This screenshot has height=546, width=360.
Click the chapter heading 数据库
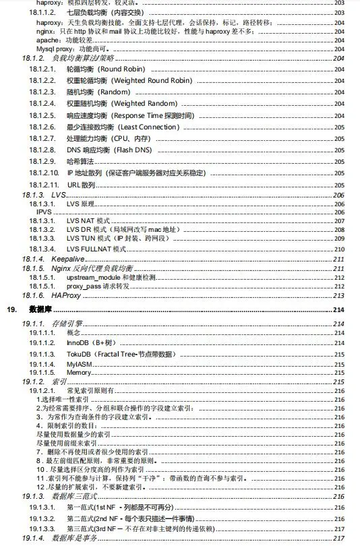pos(38,309)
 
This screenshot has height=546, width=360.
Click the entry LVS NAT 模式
pos(88,221)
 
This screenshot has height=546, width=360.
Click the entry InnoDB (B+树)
pos(89,342)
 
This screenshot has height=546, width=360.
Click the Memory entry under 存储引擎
pos(79,372)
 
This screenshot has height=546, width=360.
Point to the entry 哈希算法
pos(81,161)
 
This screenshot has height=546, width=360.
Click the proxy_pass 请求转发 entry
pos(98,286)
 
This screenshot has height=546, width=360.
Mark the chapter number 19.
pos(10,309)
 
